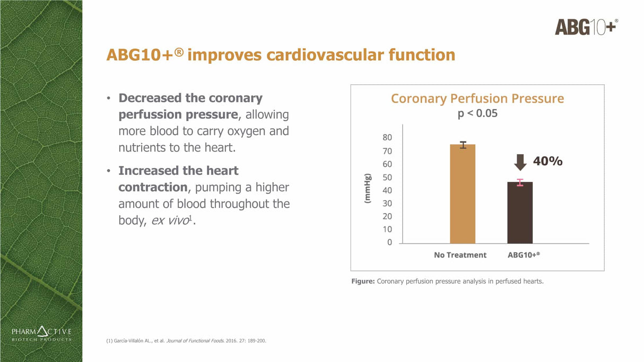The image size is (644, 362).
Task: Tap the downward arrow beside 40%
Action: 520,162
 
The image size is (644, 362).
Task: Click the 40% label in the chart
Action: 547,161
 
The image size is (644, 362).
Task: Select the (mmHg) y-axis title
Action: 367,188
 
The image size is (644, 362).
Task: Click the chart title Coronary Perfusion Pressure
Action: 477,99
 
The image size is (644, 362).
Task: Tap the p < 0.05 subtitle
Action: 477,113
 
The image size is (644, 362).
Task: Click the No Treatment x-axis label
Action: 460,255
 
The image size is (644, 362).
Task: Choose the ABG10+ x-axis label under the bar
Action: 524,255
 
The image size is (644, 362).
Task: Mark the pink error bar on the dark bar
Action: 520,182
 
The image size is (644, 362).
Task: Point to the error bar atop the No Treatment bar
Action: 463,145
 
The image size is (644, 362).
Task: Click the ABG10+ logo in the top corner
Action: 586,27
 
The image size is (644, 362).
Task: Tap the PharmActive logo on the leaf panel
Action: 41,334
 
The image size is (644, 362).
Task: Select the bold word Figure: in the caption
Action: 363,281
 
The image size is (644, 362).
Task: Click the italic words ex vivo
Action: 170,220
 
